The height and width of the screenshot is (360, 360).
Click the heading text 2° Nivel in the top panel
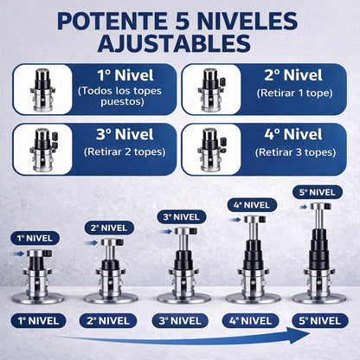coord(292,75)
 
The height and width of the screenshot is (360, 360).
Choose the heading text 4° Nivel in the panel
coord(292,134)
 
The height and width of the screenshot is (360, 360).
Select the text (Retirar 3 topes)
coord(292,151)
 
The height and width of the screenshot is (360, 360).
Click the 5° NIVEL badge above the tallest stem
coord(318,192)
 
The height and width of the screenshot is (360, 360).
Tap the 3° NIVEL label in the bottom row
coord(179,320)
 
